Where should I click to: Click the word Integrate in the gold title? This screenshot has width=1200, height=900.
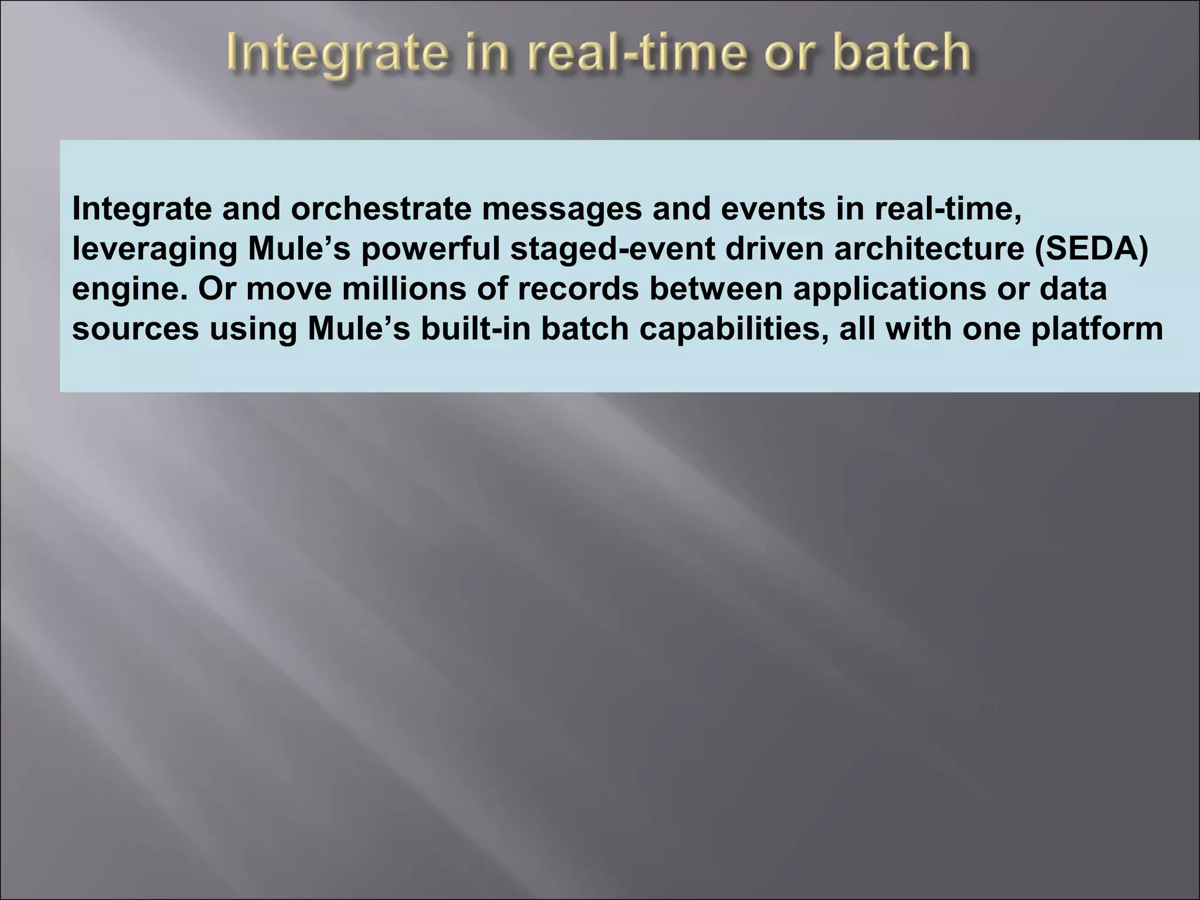tap(328, 54)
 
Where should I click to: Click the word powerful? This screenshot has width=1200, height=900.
tap(429, 250)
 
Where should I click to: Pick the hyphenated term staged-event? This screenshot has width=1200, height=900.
tap(612, 250)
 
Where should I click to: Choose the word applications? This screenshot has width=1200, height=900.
tap(889, 290)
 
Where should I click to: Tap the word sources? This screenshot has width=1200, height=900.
tap(135, 329)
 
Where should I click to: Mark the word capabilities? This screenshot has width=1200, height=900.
tap(734, 329)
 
